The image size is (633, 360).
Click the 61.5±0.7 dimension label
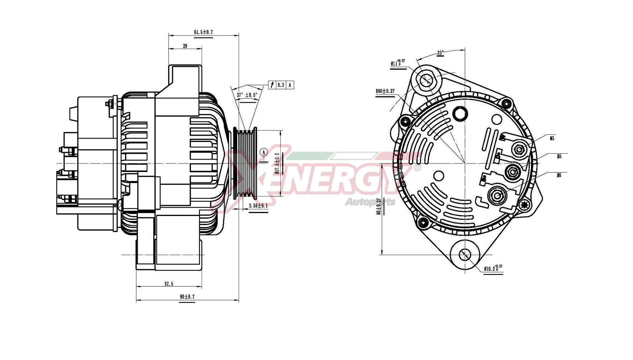[x=203, y=32]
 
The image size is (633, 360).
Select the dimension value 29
[x=185, y=46]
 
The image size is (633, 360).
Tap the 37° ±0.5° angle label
[x=247, y=95]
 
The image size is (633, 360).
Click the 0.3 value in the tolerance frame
[x=281, y=85]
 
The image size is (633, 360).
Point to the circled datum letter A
[x=264, y=152]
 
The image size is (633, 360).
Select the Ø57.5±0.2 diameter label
[x=277, y=164]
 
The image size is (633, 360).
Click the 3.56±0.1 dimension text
[x=258, y=206]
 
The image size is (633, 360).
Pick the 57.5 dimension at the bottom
[x=169, y=284]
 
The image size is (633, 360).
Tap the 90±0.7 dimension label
[x=187, y=296]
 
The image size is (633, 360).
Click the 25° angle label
[x=440, y=53]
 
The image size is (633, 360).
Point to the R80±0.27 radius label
[x=385, y=91]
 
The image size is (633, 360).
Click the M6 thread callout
[x=559, y=175]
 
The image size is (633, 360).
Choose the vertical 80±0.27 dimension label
[x=378, y=206]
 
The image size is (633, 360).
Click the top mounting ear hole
[x=426, y=80]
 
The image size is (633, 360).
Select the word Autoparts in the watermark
[x=370, y=202]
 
